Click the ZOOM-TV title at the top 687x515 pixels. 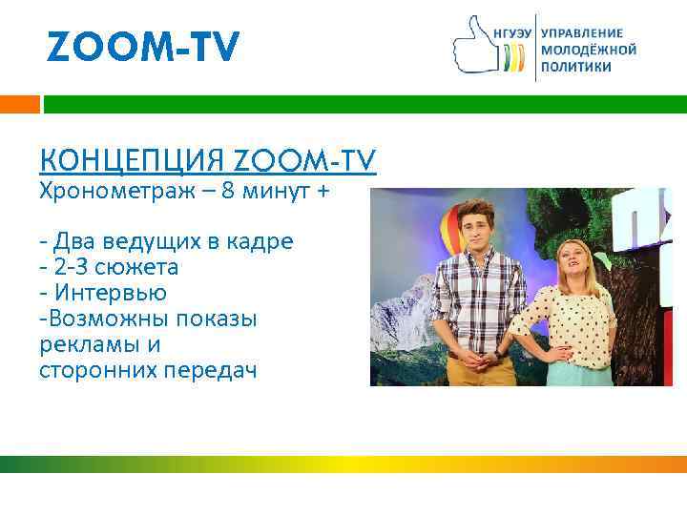pyautogui.click(x=143, y=47)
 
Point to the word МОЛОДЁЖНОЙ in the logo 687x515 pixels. pyautogui.click(x=588, y=50)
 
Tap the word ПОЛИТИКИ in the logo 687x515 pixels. pyautogui.click(x=576, y=68)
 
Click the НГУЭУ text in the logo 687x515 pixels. pyautogui.click(x=512, y=32)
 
